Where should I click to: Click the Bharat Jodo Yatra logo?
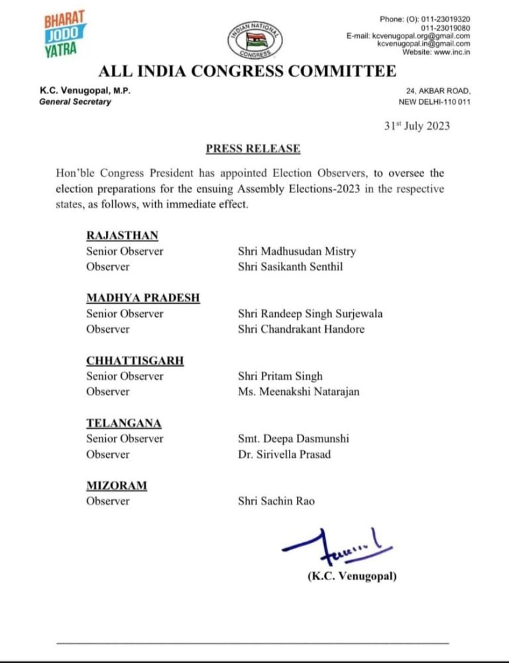[x=62, y=32]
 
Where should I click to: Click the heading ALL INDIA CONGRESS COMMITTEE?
[x=247, y=71]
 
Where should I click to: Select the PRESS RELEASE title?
[x=253, y=149]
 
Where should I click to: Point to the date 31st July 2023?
[x=417, y=126]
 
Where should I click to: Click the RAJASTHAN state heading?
[x=123, y=235]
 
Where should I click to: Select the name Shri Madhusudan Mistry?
[x=297, y=251]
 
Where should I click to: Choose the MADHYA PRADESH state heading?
[x=142, y=298]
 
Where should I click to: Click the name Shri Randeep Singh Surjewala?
[x=310, y=314]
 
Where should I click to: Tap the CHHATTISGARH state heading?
[x=135, y=361]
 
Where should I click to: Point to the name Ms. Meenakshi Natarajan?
[x=298, y=392]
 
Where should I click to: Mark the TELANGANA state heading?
[x=124, y=423]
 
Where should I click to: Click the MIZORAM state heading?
[x=117, y=486]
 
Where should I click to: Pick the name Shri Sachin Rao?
[x=276, y=501]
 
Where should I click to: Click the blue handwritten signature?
[x=335, y=546]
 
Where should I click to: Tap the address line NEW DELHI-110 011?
[x=434, y=102]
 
